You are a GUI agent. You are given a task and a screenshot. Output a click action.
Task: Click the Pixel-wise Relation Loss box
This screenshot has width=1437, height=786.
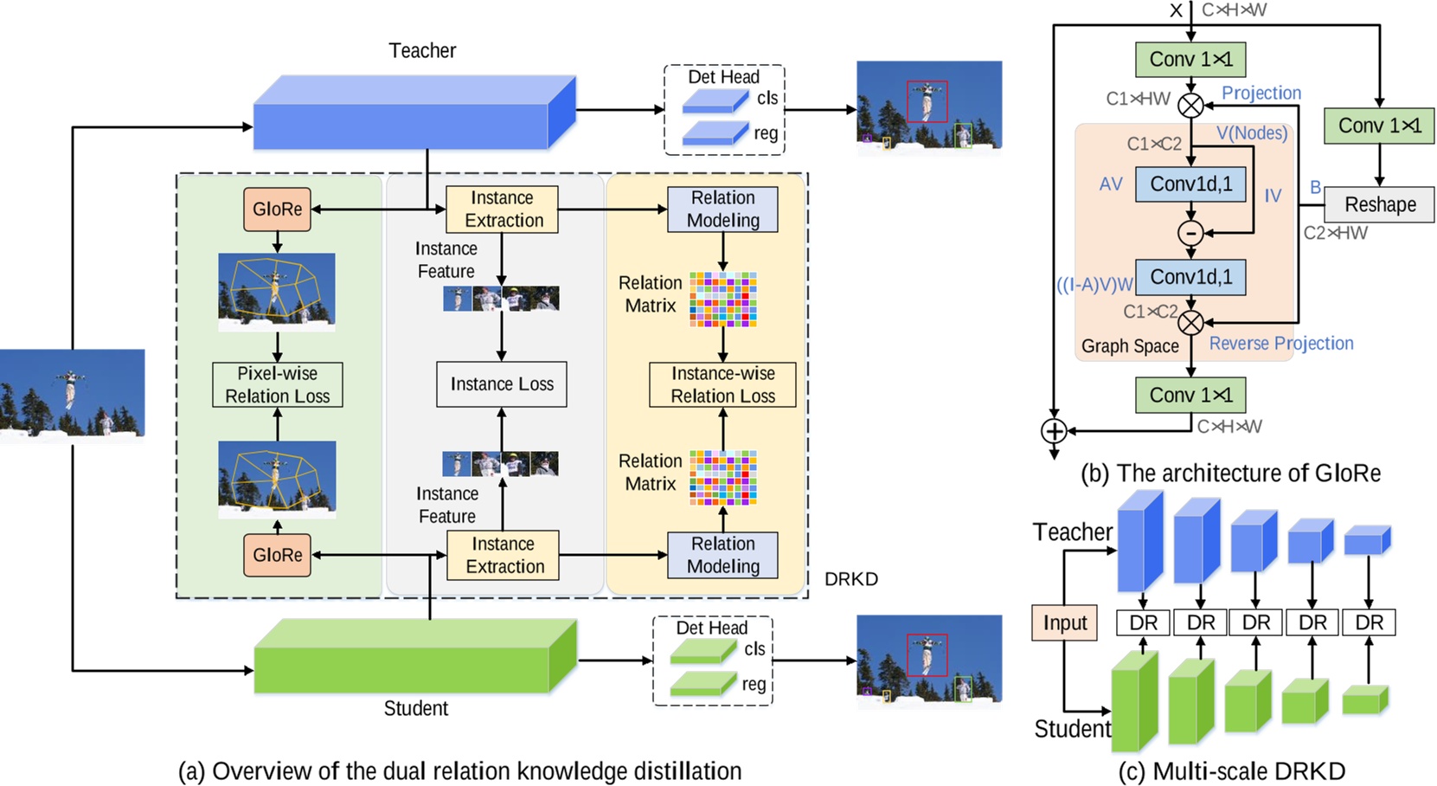[277, 384]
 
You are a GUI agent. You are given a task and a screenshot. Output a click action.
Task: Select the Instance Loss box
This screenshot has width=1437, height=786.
[502, 384]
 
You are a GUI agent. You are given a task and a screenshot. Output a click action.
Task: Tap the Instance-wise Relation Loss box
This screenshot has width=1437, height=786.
[722, 384]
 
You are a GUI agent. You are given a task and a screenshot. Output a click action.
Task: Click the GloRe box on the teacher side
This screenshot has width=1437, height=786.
[277, 209]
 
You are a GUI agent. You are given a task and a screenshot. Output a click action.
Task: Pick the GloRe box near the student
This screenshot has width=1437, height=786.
[277, 555]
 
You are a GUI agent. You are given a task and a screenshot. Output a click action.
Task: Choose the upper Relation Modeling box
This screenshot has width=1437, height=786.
[722, 209]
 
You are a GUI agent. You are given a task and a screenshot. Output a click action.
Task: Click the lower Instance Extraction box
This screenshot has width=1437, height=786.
[503, 555]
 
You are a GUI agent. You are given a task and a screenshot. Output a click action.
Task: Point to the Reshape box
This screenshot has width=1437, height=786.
[1379, 205]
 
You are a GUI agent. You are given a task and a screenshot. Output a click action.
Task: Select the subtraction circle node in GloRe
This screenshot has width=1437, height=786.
[1190, 233]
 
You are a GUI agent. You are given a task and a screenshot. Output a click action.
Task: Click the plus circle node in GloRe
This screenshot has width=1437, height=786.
[1054, 430]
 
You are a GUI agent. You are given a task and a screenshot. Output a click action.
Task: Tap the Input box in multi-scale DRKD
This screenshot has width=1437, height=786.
[1064, 622]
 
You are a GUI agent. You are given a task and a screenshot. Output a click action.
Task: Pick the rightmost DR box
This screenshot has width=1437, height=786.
[1369, 622]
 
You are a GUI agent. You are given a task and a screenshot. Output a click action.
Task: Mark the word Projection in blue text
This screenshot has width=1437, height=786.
[1261, 93]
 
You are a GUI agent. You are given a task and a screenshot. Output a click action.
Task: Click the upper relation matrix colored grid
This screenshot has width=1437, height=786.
[723, 300]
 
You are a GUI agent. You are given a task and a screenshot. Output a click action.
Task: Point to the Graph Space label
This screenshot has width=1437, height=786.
[1130, 346]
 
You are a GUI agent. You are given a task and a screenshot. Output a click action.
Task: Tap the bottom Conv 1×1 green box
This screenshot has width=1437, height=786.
[1190, 395]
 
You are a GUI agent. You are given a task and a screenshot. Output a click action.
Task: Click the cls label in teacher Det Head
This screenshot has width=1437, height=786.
[767, 99]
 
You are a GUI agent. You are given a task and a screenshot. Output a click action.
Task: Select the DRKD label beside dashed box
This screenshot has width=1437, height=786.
[850, 579]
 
